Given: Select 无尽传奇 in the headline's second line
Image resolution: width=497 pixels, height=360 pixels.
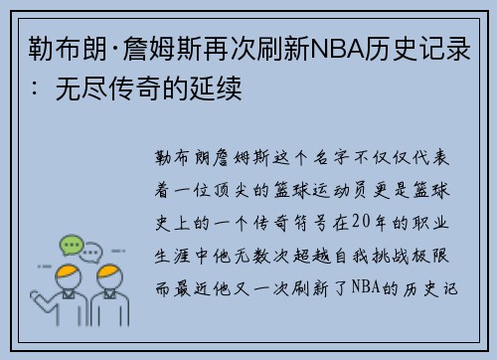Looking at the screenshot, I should (x=99, y=89).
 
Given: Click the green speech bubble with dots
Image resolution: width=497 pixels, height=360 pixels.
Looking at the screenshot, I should (x=72, y=244).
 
